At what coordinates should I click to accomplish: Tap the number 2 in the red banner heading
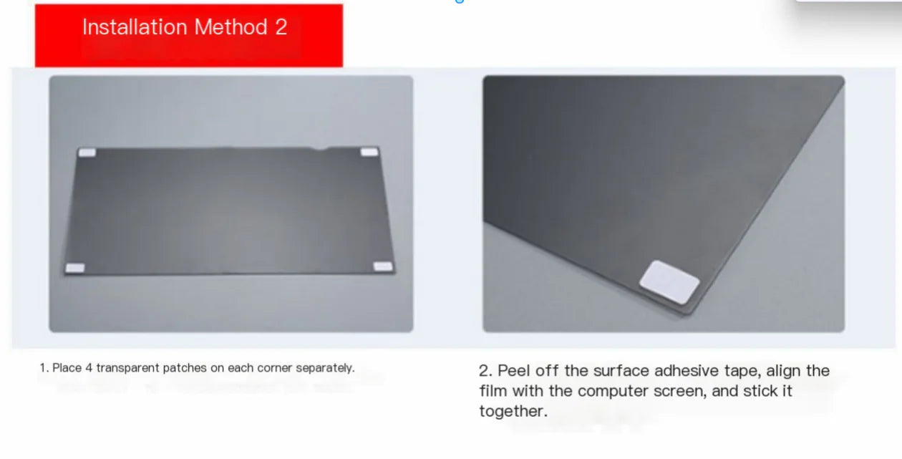coord(281,27)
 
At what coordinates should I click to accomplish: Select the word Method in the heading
coord(231,27)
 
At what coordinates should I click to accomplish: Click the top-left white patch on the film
coord(87,153)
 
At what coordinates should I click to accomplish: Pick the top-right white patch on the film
coord(369,152)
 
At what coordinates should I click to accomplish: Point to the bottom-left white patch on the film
coord(75,268)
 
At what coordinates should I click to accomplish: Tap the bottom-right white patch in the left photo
coord(384,266)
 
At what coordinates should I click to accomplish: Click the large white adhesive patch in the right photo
coord(669,281)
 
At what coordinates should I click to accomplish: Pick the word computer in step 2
coord(609,391)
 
